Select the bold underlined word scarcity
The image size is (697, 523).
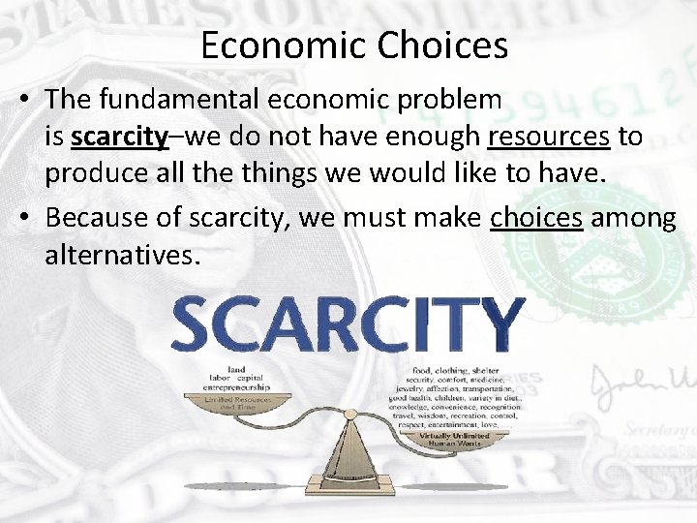click(x=120, y=137)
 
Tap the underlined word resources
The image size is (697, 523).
click(x=549, y=137)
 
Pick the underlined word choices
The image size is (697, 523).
click(x=536, y=218)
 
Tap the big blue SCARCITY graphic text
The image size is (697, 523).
click(x=348, y=324)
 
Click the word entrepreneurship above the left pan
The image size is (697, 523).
click(x=237, y=386)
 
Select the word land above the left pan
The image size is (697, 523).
click(x=236, y=369)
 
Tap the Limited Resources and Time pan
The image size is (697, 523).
click(x=237, y=404)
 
